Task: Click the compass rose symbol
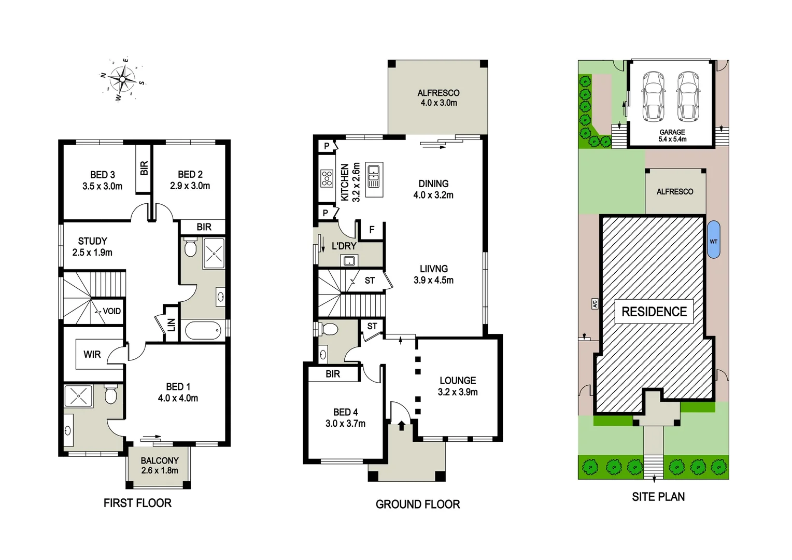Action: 123,79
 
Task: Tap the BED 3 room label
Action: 102,180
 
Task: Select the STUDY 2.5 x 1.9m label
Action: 92,247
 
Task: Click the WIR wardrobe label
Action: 92,354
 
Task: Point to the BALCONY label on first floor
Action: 160,465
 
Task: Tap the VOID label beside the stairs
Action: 111,311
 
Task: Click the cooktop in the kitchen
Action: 327,178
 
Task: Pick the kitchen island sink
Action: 374,175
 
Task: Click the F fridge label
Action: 372,230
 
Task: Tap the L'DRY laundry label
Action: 344,246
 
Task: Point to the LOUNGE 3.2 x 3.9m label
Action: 458,386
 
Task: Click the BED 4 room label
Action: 345,417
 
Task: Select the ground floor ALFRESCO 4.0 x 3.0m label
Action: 439,97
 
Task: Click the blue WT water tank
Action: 714,240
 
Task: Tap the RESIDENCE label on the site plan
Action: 654,312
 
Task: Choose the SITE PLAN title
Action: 658,497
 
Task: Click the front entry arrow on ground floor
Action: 402,426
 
